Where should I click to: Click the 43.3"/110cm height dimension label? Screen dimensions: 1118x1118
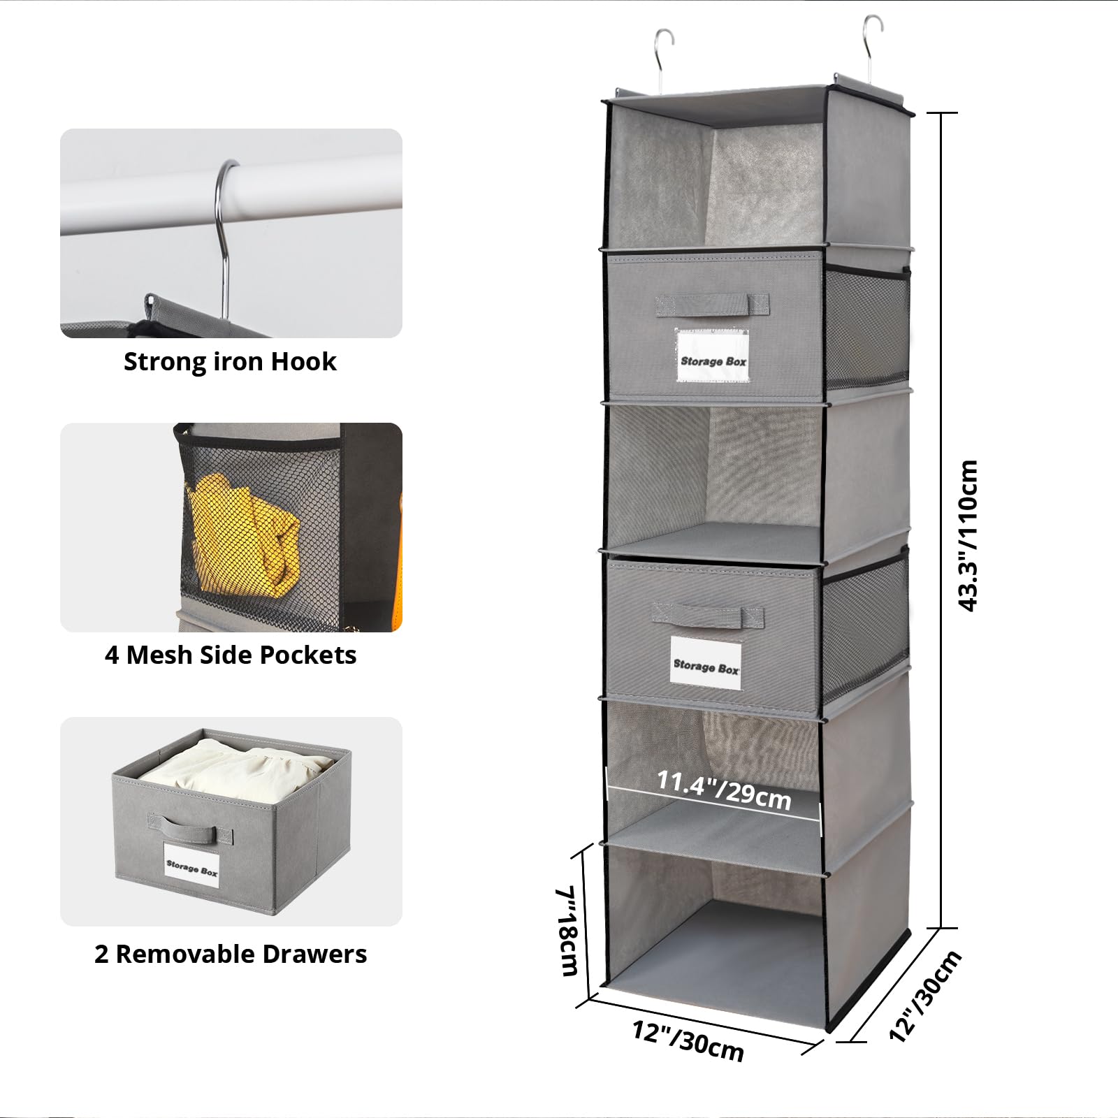coord(968,536)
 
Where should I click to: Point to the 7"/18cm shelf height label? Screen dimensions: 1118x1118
coord(567,931)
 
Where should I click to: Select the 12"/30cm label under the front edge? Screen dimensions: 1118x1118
coord(688,1040)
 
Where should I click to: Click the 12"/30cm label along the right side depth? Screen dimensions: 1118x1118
coord(926,995)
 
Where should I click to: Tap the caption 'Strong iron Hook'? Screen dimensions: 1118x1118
coord(230,362)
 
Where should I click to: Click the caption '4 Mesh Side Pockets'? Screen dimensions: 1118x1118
coord(231,655)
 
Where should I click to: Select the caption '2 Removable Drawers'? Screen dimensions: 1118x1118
coord(231,954)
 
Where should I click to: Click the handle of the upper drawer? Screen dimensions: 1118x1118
coord(711,305)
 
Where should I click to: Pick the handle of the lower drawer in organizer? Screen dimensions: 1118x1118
coord(707,616)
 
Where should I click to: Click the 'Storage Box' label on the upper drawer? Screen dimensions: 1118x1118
coord(713,356)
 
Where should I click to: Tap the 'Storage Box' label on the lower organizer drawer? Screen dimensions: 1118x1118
coord(706,663)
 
